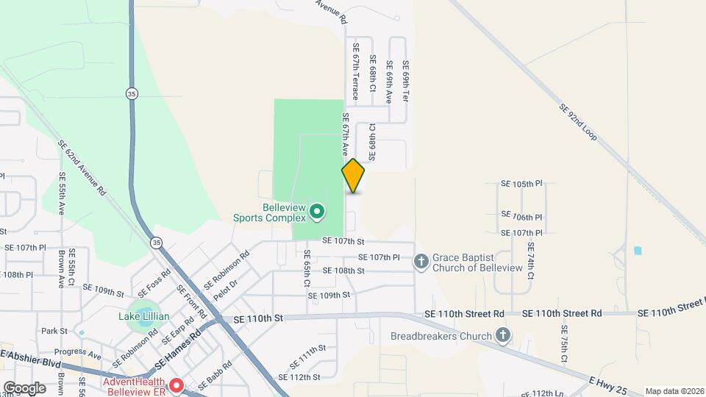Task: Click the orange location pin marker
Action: click(353, 176)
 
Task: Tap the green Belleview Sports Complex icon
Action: click(317, 212)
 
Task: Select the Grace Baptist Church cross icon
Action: click(421, 261)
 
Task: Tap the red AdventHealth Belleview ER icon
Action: click(176, 385)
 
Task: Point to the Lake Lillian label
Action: click(144, 317)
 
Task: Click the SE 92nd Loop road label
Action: click(577, 122)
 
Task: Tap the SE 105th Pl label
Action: click(521, 184)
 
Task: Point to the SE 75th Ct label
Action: click(565, 344)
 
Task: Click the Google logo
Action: click(24, 387)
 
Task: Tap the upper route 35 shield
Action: click(132, 93)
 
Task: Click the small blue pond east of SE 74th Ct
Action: click(637, 250)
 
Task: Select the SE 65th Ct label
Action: click(307, 268)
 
